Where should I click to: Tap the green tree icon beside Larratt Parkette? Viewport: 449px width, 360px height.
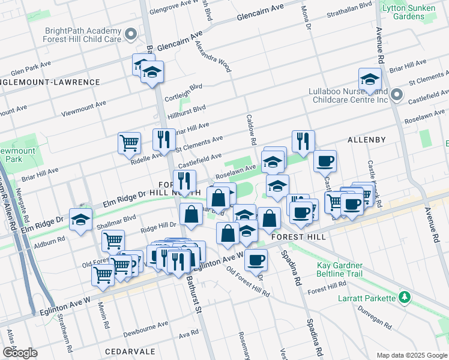pos(405,298)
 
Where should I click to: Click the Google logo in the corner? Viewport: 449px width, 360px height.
pos(19,353)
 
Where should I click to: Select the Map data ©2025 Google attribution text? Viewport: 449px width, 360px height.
pos(411,355)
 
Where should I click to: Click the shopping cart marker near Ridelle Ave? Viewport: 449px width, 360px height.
pos(129,144)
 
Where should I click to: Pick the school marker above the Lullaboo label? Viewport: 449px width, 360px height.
pos(370,80)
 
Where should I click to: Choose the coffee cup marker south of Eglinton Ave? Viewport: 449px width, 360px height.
pos(256,260)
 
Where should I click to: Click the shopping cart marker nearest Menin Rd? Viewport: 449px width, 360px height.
pos(103,277)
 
